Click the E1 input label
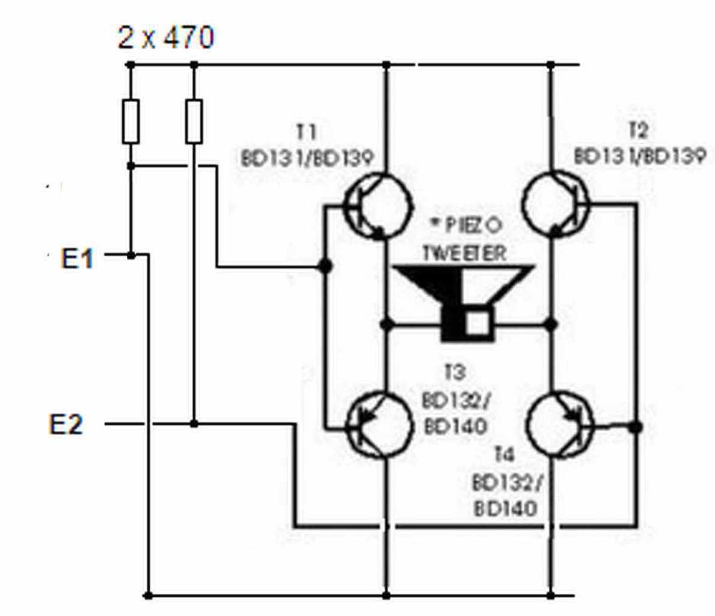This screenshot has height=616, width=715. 77,258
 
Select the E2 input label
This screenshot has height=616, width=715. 66,424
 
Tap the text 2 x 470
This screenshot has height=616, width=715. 165,37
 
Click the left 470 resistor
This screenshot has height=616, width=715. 130,122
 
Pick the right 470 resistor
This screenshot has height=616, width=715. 194,122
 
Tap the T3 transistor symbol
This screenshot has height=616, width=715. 378,425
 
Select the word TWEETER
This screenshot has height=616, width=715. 465,253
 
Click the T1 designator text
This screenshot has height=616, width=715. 306,132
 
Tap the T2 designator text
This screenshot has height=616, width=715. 638,131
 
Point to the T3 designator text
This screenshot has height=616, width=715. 455,372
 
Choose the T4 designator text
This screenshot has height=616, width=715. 505,454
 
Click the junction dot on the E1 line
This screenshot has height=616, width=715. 131,256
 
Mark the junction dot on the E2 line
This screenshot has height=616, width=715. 194,424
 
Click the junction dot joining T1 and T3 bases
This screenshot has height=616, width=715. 325,265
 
